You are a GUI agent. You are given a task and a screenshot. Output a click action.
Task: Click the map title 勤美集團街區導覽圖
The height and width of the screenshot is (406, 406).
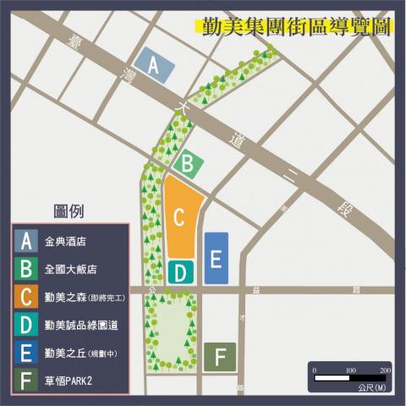tap(294, 26)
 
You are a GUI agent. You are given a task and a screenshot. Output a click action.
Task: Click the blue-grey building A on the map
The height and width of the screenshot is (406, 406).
tap(155, 65)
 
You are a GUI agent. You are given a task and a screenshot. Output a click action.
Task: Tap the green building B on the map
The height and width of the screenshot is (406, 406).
tap(189, 162)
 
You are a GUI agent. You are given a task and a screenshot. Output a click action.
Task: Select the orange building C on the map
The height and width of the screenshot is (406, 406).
tap(180, 216)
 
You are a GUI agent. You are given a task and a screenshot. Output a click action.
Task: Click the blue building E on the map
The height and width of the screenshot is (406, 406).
tap(216, 257)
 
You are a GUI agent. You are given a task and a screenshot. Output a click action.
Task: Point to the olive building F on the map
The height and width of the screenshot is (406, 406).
tap(220, 357)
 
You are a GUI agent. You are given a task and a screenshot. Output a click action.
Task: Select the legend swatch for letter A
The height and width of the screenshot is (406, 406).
tap(27, 241)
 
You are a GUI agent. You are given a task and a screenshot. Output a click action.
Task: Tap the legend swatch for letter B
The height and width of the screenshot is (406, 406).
tap(27, 269)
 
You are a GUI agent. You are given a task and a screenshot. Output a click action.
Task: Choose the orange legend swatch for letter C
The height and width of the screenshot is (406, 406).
tap(27, 297)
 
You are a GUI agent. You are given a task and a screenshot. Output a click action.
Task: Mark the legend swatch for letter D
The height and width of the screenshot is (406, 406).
tap(27, 325)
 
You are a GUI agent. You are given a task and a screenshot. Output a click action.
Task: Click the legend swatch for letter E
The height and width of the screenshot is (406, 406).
tap(27, 353)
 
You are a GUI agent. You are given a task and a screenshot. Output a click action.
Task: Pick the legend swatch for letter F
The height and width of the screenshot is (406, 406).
tap(27, 380)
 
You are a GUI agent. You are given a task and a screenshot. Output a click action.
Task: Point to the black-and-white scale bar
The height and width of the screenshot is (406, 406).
tap(348, 378)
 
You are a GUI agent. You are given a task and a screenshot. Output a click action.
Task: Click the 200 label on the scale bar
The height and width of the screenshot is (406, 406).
tap(385, 370)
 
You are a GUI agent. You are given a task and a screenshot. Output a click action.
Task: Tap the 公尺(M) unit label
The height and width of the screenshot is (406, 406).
tap(372, 388)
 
